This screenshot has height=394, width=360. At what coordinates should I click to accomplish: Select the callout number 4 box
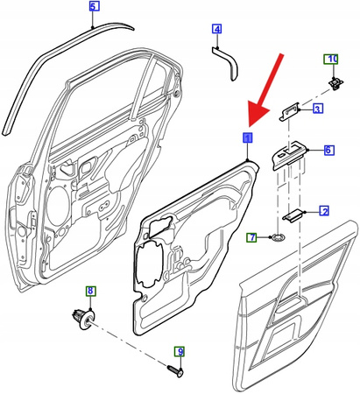pyautogui.click(x=217, y=31)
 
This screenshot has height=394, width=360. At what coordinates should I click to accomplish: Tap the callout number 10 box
pyautogui.click(x=332, y=60)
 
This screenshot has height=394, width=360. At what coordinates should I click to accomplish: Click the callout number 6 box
pyautogui.click(x=328, y=150)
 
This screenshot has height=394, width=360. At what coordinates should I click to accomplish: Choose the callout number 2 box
pyautogui.click(x=323, y=211)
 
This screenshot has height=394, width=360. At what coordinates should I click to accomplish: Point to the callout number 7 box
pyautogui.click(x=251, y=237)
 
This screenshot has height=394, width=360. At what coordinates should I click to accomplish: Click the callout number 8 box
pyautogui.click(x=88, y=291)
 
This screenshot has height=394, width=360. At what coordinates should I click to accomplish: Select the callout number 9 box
pyautogui.click(x=180, y=352)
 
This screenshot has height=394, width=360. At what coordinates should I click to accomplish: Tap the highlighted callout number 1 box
pyautogui.click(x=247, y=138)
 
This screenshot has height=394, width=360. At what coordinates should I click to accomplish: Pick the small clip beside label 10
pyautogui.click(x=334, y=82)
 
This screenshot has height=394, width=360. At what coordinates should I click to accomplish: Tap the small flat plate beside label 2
pyautogui.click(x=294, y=213)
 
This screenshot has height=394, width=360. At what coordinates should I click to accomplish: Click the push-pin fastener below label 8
pyautogui.click(x=83, y=320)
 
